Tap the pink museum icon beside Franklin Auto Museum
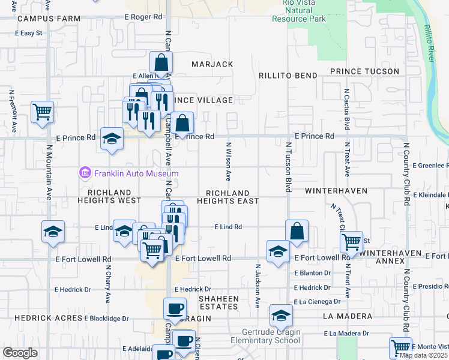coord(85,173)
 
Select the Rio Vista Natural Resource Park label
coord(299,11)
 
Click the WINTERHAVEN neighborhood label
coord(335,190)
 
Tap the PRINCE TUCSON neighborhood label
coord(364,71)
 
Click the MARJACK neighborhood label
coord(212,64)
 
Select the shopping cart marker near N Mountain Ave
coord(42,111)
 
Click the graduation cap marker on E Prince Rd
coord(112,139)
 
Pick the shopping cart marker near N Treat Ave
coord(351,242)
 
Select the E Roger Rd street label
coord(143,17)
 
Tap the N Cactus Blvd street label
coord(347,110)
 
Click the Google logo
coord(20,353)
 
